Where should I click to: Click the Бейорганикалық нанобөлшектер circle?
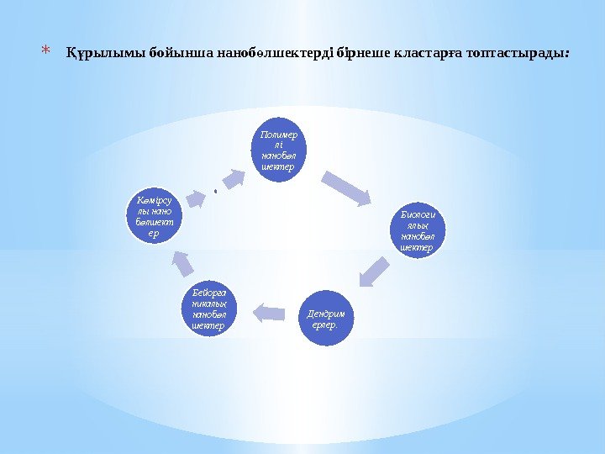[x=209, y=309]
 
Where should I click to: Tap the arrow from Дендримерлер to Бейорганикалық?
[x=270, y=312]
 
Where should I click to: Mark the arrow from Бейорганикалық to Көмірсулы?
[x=185, y=264]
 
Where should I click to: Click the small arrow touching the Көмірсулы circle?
[x=195, y=198]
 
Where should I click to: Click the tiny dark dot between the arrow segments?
[x=216, y=191]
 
